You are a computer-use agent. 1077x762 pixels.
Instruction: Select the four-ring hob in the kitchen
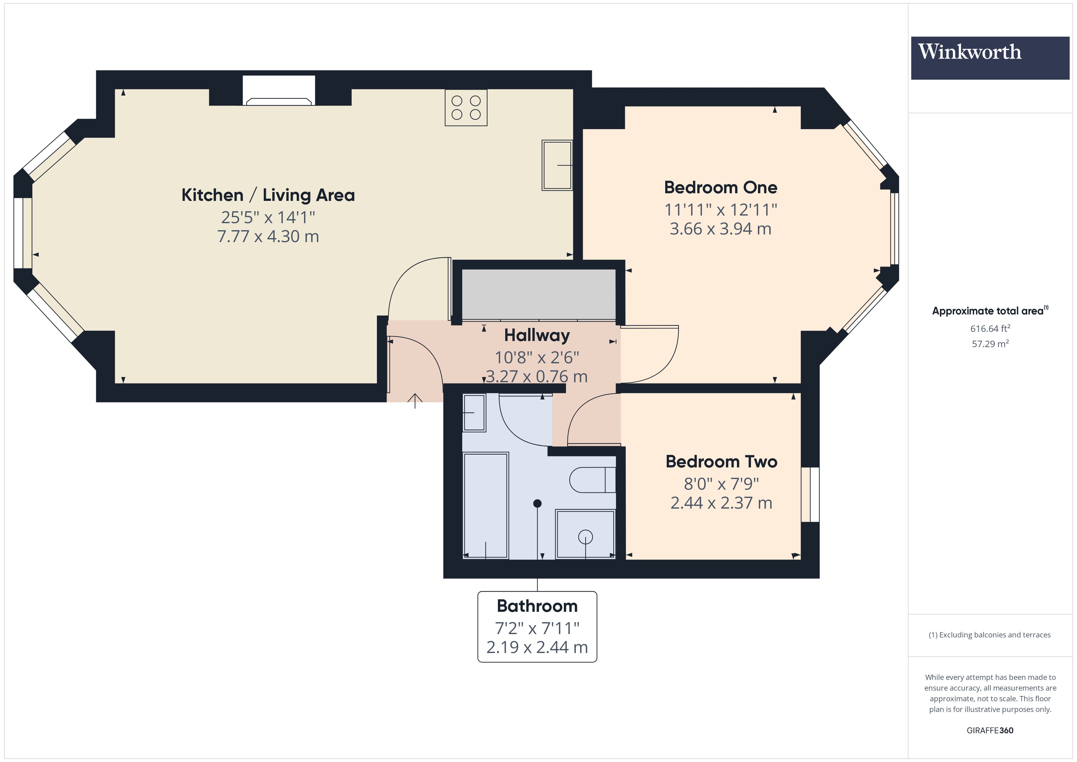click(x=466, y=107)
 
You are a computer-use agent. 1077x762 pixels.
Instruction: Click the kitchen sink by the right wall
click(x=557, y=165)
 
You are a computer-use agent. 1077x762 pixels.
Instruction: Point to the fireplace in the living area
click(x=279, y=91)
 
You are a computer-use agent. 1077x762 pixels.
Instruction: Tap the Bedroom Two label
click(x=721, y=461)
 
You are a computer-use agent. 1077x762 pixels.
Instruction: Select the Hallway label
click(x=537, y=336)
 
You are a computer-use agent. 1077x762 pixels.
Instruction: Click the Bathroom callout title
click(x=537, y=606)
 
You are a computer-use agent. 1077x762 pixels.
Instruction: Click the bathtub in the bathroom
click(x=485, y=505)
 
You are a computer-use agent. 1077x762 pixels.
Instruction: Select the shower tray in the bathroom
click(x=585, y=535)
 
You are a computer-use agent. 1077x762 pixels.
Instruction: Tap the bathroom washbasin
click(x=474, y=412)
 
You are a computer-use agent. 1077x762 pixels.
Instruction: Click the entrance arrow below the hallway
click(x=415, y=401)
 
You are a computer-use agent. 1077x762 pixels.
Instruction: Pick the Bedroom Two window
click(x=810, y=495)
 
